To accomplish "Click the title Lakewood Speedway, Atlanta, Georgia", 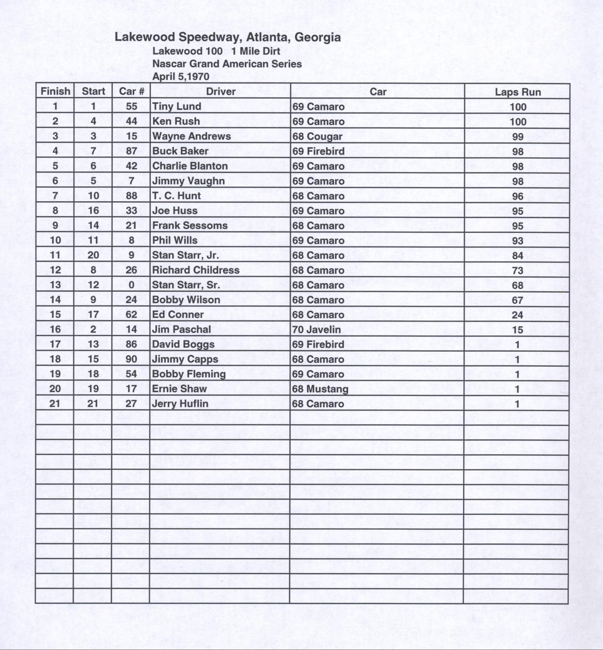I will click(x=228, y=37).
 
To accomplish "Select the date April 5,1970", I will click(x=181, y=76).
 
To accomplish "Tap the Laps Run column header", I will click(x=517, y=92).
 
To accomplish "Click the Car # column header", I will click(x=131, y=91).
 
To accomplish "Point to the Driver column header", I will click(x=220, y=91).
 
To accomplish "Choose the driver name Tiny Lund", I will click(x=177, y=107).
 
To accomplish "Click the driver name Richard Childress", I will click(x=196, y=270).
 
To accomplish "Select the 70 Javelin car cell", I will click(x=317, y=329).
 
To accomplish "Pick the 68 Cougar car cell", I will click(x=318, y=137).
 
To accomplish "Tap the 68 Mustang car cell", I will click(x=320, y=389).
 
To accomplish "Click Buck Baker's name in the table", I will click(x=180, y=151).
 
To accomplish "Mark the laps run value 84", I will click(x=517, y=255).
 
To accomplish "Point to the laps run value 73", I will click(x=517, y=271).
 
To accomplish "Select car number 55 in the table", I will click(x=131, y=107).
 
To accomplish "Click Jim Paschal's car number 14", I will click(x=131, y=329).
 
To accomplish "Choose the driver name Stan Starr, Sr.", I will click(x=186, y=285).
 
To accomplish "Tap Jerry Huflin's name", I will click(x=180, y=404).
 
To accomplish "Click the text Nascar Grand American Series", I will click(x=227, y=64).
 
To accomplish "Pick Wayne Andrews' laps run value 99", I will click(x=517, y=137).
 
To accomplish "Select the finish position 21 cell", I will click(x=55, y=404).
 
